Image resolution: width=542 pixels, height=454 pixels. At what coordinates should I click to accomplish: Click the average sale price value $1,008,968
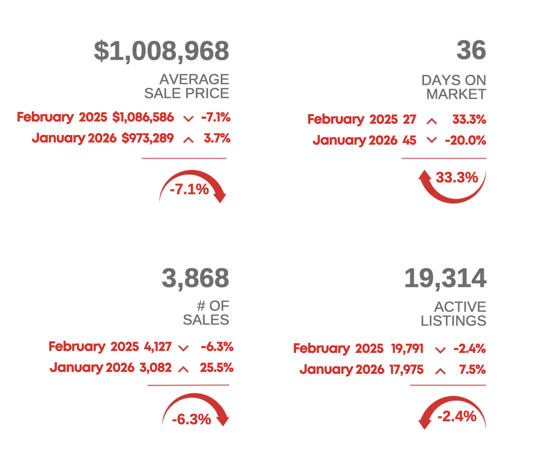[x=162, y=51]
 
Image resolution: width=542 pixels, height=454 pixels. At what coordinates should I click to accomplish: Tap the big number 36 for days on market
[x=471, y=50]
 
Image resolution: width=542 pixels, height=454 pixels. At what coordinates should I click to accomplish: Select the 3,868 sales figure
[x=195, y=278]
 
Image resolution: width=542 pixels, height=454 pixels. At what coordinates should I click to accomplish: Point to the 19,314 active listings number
[x=445, y=278]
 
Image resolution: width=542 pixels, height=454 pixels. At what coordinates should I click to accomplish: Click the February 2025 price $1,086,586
[x=143, y=117]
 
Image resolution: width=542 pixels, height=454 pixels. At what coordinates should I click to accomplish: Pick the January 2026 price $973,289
[x=147, y=138]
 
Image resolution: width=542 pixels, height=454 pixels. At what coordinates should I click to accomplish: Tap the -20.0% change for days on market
[x=465, y=140]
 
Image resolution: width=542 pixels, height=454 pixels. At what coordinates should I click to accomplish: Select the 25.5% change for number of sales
[x=217, y=368]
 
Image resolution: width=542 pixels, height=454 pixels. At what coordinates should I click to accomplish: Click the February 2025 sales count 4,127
[x=158, y=347]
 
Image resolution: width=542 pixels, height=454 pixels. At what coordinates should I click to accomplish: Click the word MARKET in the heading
[x=456, y=94]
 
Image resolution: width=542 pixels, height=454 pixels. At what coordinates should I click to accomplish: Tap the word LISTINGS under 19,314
[x=453, y=321]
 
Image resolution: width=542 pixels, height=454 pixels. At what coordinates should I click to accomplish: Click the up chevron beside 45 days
[x=431, y=140]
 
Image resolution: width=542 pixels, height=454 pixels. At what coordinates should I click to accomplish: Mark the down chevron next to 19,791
[x=440, y=350]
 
